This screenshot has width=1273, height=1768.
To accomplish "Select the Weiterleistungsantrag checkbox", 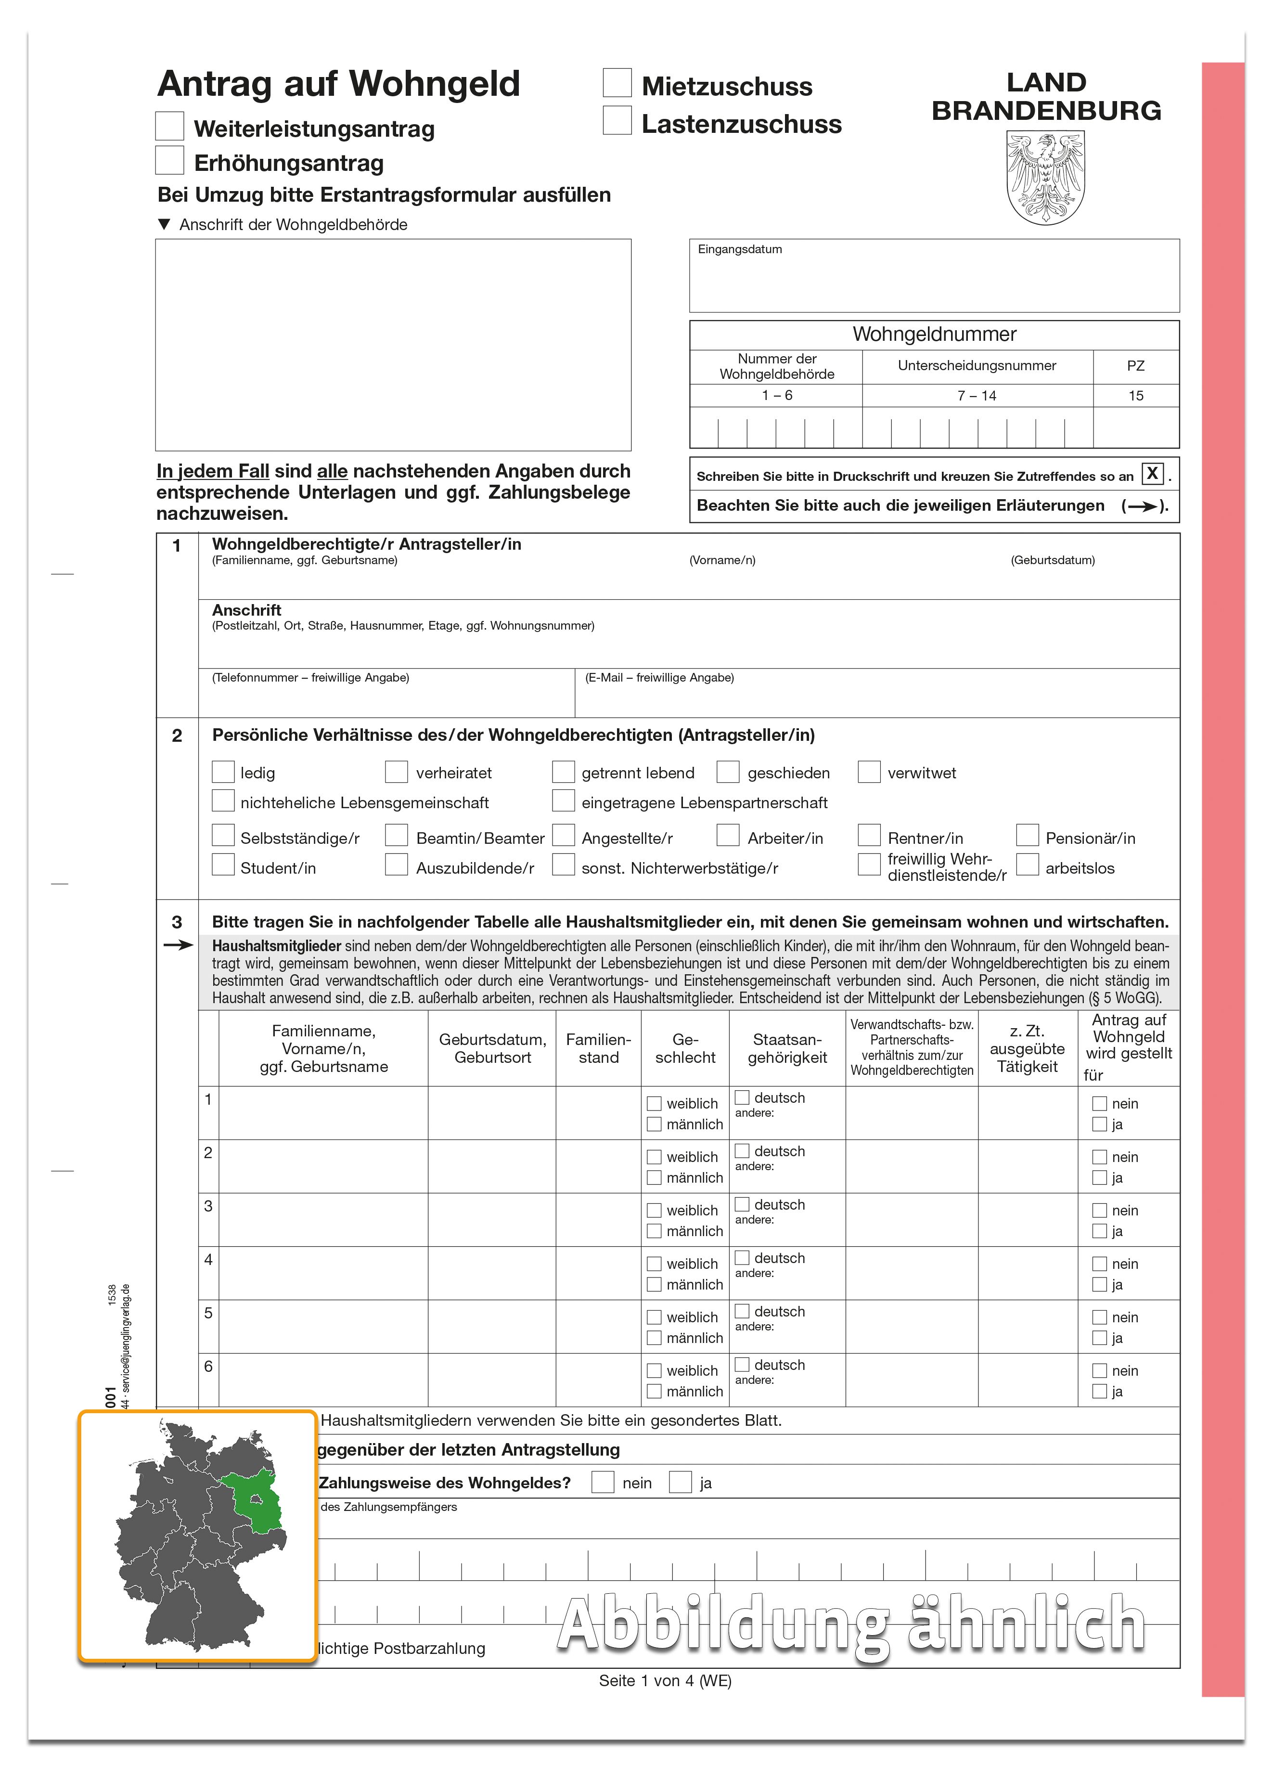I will [170, 126].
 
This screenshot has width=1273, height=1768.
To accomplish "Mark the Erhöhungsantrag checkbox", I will [170, 161].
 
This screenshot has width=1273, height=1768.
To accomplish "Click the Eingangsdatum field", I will [933, 277].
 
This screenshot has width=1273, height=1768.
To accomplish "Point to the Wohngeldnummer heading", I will [934, 335].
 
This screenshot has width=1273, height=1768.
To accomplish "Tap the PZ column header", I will [1135, 366].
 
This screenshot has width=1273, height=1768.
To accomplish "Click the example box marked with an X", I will [1151, 473].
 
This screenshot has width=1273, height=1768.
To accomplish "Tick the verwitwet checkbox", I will [868, 772].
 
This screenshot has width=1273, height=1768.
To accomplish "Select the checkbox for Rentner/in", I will [868, 836].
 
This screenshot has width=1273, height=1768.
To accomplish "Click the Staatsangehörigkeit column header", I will [786, 1048].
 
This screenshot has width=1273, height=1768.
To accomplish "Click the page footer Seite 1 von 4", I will [664, 1681].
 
